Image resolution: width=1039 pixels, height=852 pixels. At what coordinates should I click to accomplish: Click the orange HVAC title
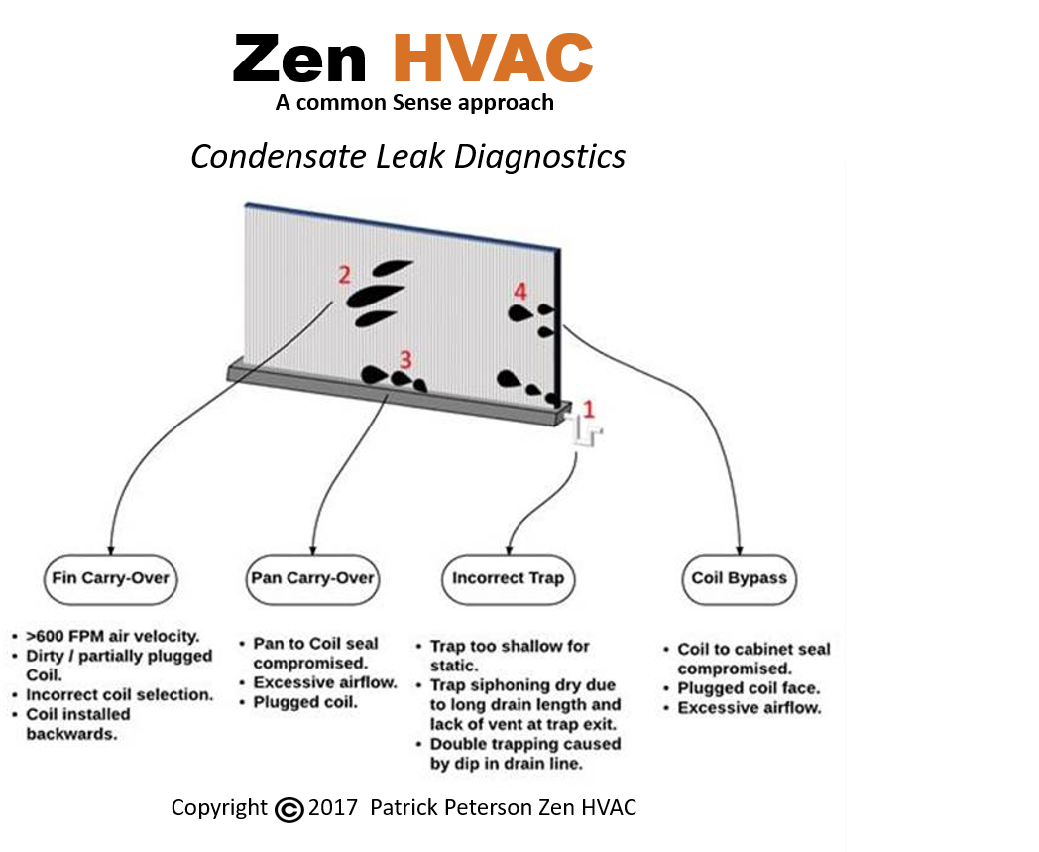point(493,59)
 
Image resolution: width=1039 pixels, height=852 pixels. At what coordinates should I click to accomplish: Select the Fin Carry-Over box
point(110,578)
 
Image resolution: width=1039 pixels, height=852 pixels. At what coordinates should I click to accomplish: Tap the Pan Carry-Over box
point(312,578)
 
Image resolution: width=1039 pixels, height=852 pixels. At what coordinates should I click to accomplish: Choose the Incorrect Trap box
point(508,578)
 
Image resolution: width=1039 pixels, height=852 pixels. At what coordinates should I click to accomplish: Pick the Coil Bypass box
point(740,578)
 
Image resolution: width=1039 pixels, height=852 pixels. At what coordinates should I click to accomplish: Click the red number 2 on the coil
point(344,275)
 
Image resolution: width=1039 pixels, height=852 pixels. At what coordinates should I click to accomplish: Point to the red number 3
point(404,358)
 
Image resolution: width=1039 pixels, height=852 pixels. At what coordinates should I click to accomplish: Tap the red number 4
point(520,291)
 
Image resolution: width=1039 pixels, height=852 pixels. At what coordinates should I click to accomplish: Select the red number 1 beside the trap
point(589,408)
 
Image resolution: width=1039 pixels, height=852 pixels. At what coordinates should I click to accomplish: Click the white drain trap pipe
point(589,435)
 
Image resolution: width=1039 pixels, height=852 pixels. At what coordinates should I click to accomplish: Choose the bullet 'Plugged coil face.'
point(749,688)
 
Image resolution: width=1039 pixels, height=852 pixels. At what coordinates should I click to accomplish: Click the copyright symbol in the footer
point(289,809)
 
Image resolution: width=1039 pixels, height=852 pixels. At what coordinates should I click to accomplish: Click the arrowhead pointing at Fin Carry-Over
point(110,548)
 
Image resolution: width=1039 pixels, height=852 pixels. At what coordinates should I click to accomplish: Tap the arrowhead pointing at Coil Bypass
point(741,548)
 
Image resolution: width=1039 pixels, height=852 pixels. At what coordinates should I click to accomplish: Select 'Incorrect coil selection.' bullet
point(119,695)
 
